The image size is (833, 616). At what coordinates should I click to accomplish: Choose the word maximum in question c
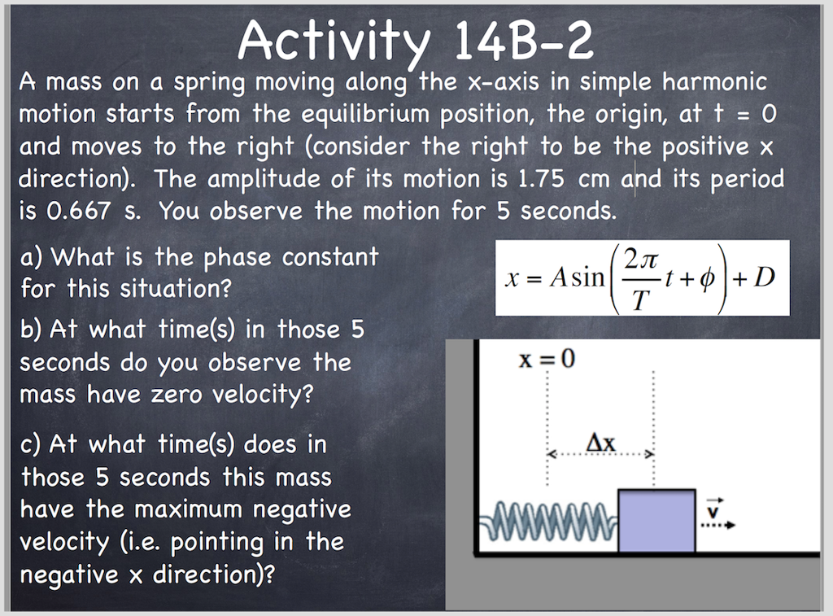[x=189, y=510]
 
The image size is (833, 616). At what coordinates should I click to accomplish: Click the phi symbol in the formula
[x=706, y=278]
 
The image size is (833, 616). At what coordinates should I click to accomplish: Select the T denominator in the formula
[x=640, y=301]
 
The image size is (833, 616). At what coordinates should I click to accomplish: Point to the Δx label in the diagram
[x=601, y=443]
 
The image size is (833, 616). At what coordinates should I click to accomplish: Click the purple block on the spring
[x=656, y=521]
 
